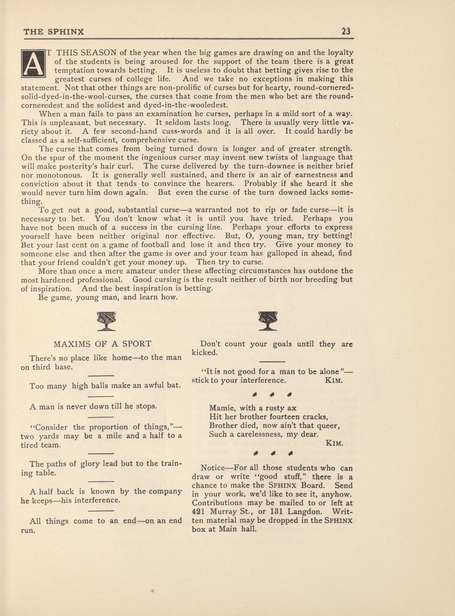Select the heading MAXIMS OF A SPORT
pos(102,344)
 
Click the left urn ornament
pos(106,321)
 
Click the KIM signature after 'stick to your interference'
pos(333,380)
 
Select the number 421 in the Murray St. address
pos(198,512)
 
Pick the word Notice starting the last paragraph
pos(213,468)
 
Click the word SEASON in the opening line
pos(100,53)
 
